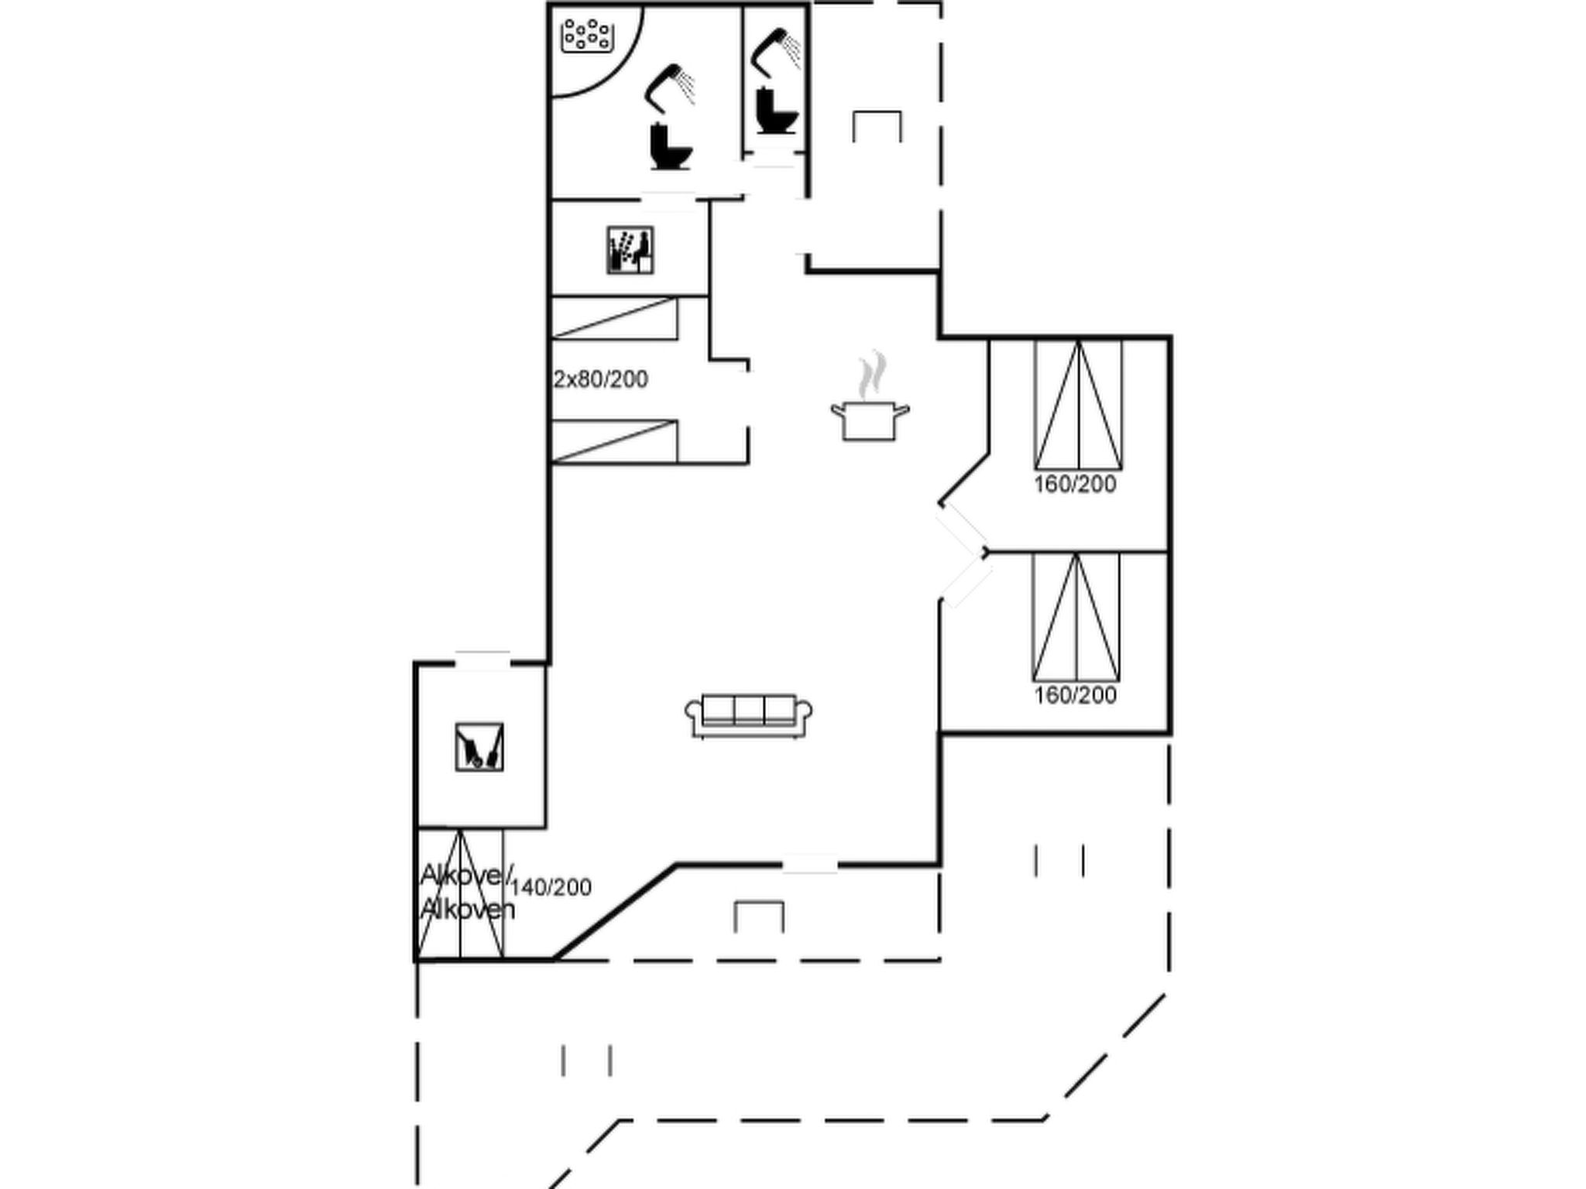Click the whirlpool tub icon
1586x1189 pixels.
587,36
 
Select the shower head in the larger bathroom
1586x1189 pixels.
669,86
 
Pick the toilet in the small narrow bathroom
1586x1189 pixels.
777,112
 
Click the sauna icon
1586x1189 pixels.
630,249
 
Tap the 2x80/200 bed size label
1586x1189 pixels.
601,379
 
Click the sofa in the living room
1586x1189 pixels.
749,715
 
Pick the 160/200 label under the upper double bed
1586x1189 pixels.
1076,485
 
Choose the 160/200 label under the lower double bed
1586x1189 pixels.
1076,695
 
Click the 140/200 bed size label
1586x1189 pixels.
551,887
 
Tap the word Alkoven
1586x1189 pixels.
467,909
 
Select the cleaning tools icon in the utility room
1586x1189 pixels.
479,747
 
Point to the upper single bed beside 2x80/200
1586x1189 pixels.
614,318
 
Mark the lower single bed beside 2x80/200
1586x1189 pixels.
614,441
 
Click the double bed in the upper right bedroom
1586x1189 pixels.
1078,404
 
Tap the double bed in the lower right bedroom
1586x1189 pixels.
1076,617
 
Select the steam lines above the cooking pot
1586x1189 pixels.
872,374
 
